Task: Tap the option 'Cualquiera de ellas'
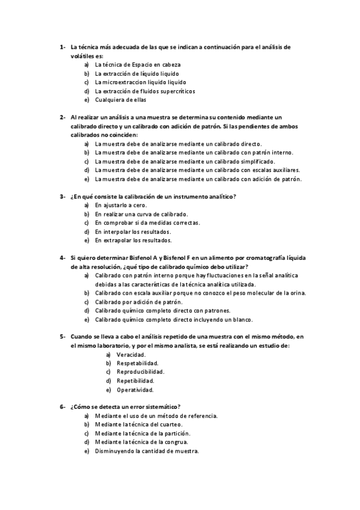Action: [120, 100]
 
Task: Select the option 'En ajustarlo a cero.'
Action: [121, 205]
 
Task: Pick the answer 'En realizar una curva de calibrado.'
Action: [141, 214]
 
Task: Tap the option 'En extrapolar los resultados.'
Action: [133, 241]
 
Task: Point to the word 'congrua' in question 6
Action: [187, 442]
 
